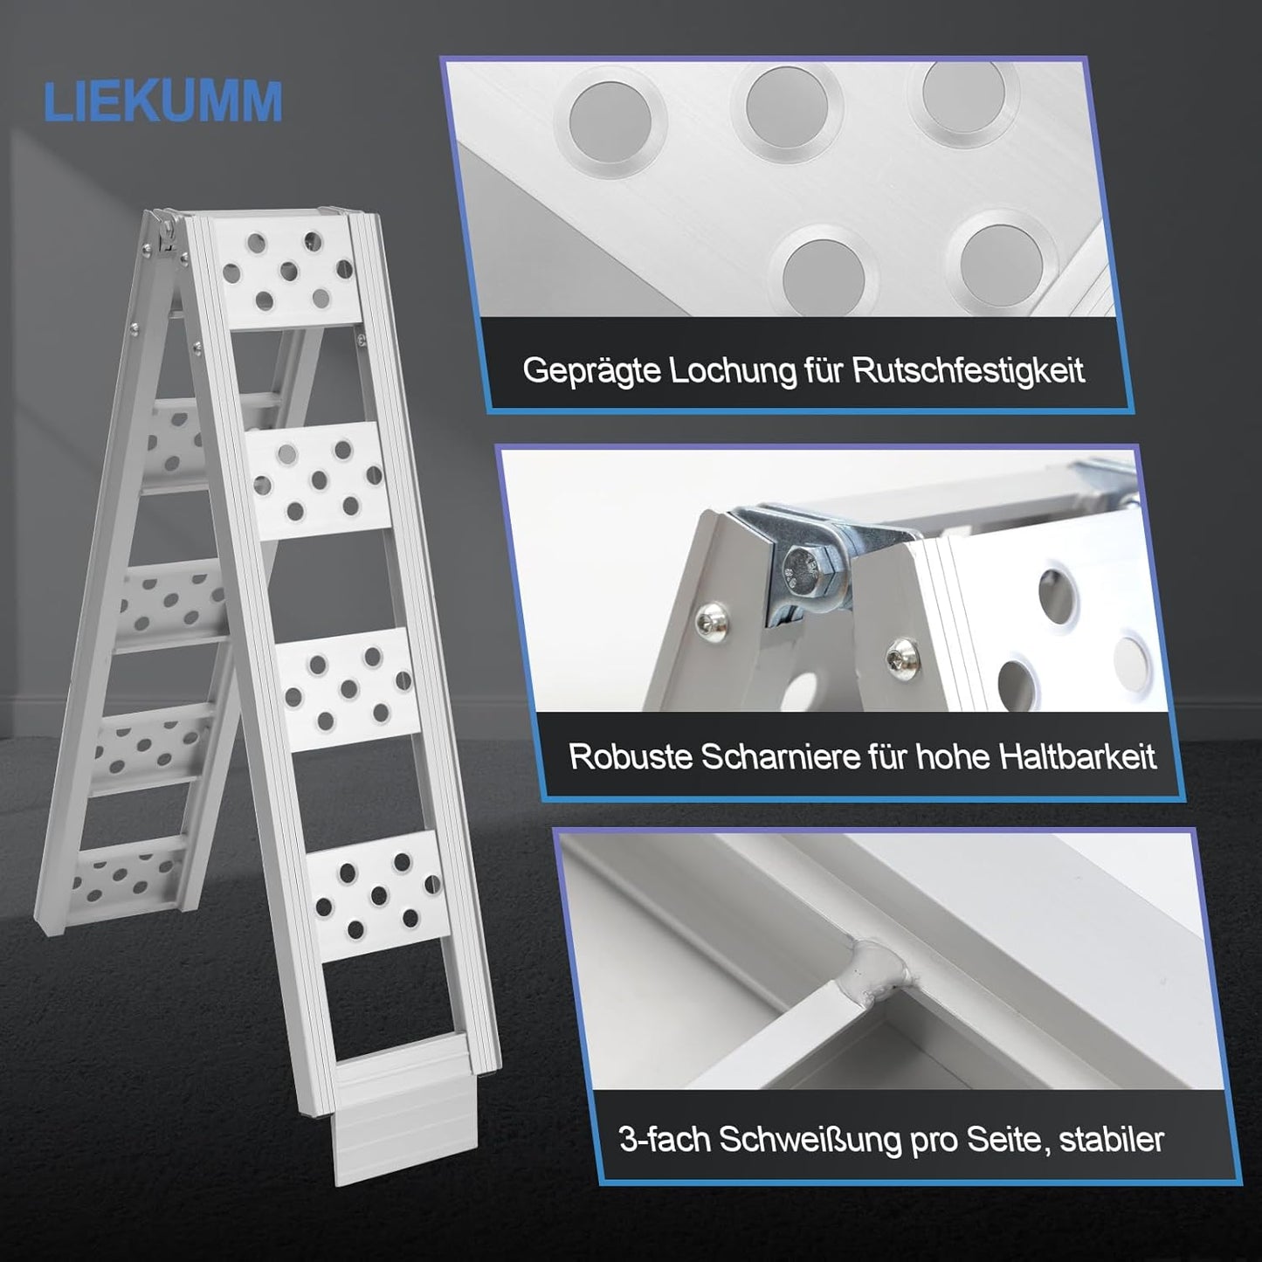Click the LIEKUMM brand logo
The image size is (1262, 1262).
(x=163, y=101)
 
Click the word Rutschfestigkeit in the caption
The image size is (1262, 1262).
(x=969, y=370)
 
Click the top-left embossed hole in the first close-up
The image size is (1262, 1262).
(x=610, y=119)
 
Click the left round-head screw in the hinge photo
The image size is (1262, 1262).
(x=708, y=623)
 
